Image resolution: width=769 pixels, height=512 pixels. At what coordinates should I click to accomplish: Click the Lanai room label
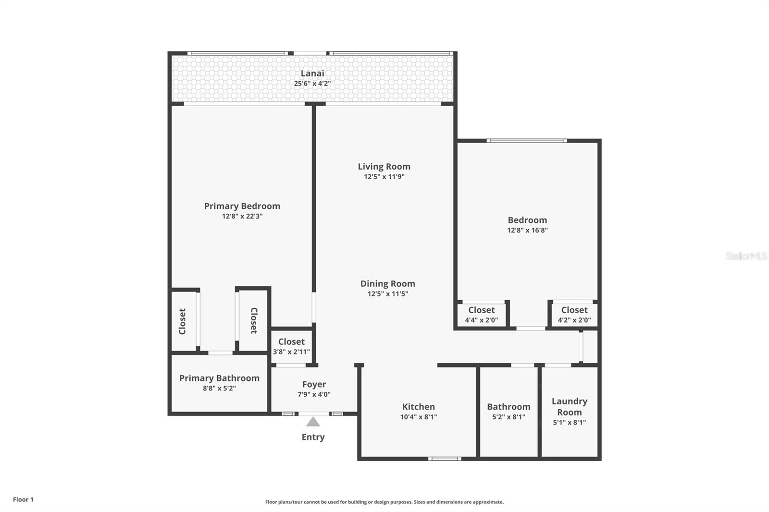[312, 73]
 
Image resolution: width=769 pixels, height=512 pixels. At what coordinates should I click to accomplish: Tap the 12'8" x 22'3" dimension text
[242, 217]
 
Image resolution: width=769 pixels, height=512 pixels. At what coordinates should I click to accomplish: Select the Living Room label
[384, 167]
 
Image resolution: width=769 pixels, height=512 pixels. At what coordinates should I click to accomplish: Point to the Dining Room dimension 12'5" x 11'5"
[387, 294]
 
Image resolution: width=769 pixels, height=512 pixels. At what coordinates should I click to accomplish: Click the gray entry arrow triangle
[313, 422]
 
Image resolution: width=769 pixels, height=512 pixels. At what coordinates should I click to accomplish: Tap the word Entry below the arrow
[313, 437]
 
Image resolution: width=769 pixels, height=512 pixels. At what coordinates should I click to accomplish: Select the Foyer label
[314, 384]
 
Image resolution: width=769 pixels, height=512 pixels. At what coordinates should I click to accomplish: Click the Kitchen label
[418, 407]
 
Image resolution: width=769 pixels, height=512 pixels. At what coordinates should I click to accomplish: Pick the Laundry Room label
[569, 406]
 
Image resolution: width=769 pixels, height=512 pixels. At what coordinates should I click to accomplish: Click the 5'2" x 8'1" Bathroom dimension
[509, 417]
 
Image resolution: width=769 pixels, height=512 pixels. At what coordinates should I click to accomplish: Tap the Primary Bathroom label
[219, 378]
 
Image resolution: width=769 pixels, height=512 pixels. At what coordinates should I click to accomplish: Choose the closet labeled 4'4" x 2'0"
[481, 315]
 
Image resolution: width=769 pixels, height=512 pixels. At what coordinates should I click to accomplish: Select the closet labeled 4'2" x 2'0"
[574, 315]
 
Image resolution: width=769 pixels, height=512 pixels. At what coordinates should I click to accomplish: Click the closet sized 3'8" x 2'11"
[291, 346]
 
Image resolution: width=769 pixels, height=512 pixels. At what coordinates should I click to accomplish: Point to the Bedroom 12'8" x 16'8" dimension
[527, 230]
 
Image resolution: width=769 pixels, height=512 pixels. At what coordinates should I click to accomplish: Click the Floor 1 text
[23, 500]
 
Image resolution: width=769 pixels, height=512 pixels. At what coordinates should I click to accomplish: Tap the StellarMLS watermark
[746, 256]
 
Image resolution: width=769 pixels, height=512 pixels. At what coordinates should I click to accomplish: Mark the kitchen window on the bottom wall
[445, 459]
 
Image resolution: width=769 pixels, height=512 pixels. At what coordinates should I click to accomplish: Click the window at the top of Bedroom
[526, 141]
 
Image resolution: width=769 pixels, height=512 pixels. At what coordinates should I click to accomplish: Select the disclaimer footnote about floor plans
[384, 502]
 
